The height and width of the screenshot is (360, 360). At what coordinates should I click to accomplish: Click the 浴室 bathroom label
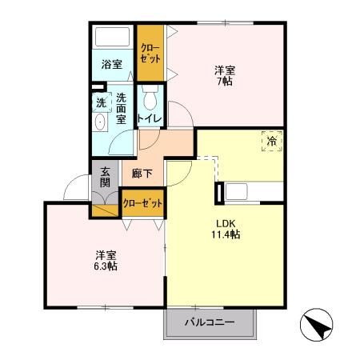[111, 64]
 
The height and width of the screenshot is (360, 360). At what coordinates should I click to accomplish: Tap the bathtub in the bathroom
[112, 38]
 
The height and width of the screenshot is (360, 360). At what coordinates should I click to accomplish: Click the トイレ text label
[150, 119]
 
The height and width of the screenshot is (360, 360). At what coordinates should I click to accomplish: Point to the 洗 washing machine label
[101, 102]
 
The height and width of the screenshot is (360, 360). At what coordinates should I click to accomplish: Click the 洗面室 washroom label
[122, 109]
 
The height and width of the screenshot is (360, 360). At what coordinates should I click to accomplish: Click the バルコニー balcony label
[210, 322]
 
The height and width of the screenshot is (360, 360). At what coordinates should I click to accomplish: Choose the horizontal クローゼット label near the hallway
[143, 203]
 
